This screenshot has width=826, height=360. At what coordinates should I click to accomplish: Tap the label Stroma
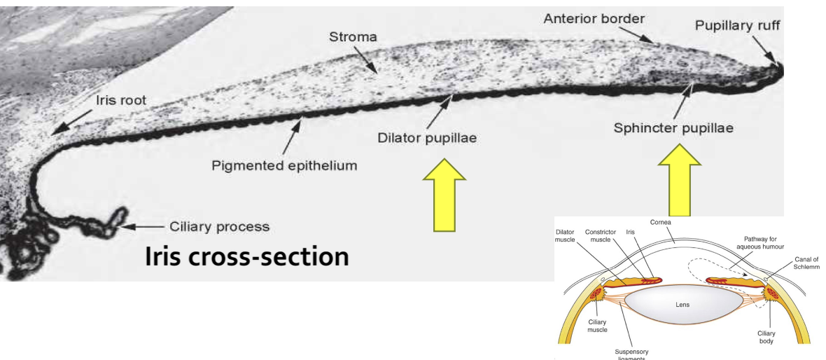pos(353,36)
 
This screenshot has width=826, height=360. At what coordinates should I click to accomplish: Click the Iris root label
pos(121,100)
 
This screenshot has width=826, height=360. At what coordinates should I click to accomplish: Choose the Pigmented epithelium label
pos(285,166)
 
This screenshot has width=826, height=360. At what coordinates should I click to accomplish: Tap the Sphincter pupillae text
pos(673,129)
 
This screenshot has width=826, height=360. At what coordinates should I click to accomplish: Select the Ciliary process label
pos(220,227)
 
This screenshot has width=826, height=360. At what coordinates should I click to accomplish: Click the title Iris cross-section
pos(246,256)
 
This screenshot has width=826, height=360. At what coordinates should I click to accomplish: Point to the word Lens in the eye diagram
pos(682,305)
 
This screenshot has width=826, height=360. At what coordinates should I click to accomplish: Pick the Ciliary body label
pos(767,337)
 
